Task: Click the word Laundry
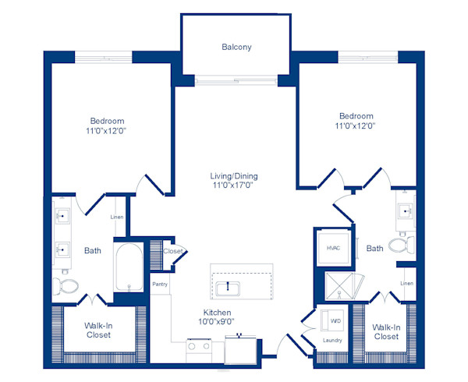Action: [x=333, y=340]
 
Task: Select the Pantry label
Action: [x=160, y=285]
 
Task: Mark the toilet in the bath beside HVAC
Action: [x=400, y=247]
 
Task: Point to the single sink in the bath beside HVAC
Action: [x=406, y=211]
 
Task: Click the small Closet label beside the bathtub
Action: [x=173, y=251]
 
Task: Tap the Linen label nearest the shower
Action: [x=406, y=282]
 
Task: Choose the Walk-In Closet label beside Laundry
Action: [x=385, y=331]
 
